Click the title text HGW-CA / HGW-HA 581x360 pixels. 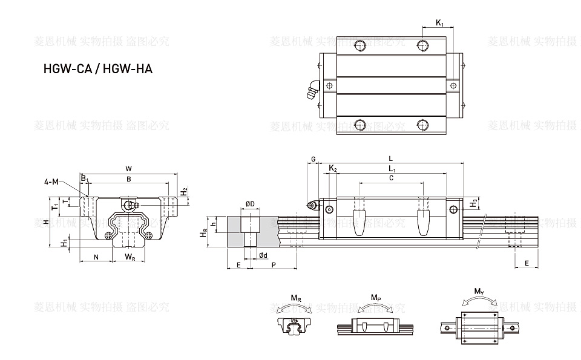(97, 69)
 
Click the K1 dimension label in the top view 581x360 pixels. (440, 24)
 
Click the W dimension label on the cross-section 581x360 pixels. (128, 168)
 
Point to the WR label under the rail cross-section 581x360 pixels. (130, 257)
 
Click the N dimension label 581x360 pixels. (96, 257)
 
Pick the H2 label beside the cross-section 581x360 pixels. (184, 192)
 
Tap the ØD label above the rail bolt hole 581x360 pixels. (249, 203)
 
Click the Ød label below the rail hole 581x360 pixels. (263, 256)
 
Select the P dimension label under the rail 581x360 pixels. (274, 265)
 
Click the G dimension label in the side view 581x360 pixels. (313, 159)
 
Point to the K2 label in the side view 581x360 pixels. (332, 168)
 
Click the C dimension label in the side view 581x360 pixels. (391, 178)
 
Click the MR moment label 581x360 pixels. (295, 298)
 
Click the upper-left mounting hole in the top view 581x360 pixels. (361, 44)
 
